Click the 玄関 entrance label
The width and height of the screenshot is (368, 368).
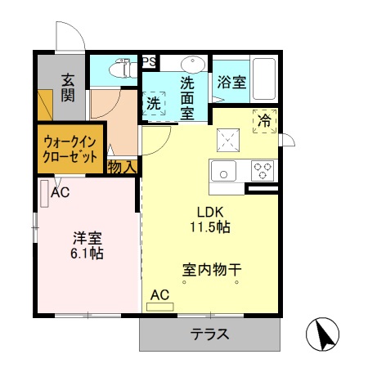(x=68, y=88)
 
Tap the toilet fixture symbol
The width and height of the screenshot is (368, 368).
(x=123, y=69)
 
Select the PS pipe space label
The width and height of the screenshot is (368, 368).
(x=150, y=61)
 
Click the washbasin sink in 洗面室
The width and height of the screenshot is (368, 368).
(x=193, y=65)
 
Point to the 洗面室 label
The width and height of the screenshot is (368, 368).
(x=187, y=96)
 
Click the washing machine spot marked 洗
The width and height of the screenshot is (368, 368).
(x=154, y=104)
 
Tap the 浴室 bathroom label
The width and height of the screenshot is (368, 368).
(x=231, y=83)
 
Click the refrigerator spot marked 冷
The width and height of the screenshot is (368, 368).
(x=264, y=119)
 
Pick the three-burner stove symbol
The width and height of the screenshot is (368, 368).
(x=262, y=170)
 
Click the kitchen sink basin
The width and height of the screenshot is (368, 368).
(x=222, y=171)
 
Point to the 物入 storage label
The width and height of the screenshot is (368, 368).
(x=122, y=167)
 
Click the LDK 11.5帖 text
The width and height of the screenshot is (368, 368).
(x=210, y=218)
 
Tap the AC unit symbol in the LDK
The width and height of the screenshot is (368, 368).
(x=160, y=306)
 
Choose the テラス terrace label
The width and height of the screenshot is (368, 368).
(x=209, y=334)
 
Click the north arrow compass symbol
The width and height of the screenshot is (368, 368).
(x=325, y=334)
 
